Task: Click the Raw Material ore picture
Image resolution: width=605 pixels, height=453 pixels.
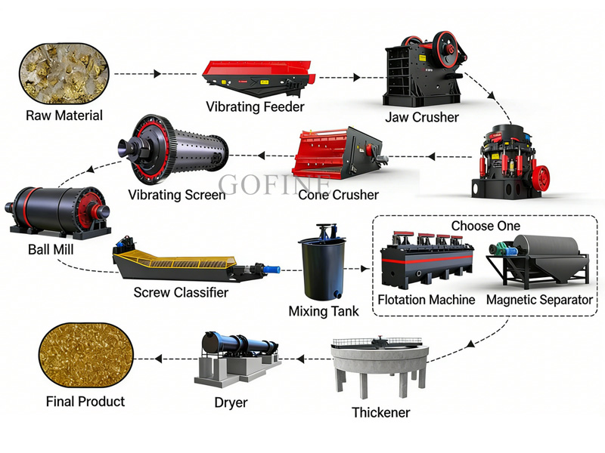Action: tap(64, 74)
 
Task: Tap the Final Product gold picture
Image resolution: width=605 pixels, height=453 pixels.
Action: tap(85, 356)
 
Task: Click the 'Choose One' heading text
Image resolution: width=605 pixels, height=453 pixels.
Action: tap(486, 226)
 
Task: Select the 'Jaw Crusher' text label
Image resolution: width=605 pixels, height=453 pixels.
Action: tap(421, 117)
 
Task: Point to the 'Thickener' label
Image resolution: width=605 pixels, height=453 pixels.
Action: tap(380, 412)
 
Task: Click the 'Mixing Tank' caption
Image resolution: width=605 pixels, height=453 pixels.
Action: tap(324, 310)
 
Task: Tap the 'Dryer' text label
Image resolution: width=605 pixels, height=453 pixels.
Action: tap(231, 402)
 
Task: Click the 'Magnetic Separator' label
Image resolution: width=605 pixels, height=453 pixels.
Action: tap(539, 300)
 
